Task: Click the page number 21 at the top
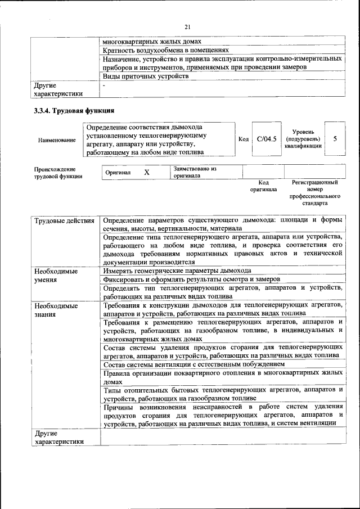click(x=187, y=26)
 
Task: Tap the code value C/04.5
click(x=265, y=139)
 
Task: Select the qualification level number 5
click(x=335, y=138)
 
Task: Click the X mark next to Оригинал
click(x=146, y=172)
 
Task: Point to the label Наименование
click(x=57, y=139)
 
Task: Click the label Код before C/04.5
click(x=244, y=139)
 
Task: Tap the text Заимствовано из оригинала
click(x=195, y=172)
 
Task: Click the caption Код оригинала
click(x=263, y=186)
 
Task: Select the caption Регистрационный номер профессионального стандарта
click(x=314, y=193)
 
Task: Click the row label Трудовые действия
click(x=64, y=221)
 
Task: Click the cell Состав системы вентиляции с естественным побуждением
click(x=190, y=364)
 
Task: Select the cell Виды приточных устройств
click(x=145, y=76)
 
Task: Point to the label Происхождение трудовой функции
click(x=58, y=173)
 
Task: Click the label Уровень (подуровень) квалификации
click(x=303, y=139)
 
